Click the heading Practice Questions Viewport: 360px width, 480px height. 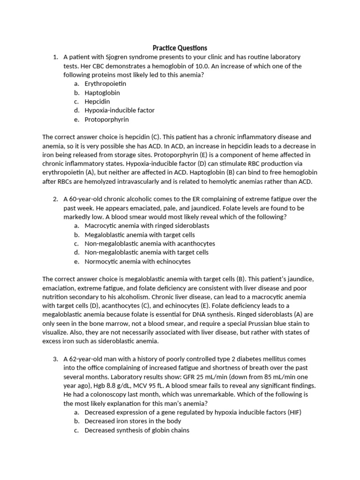pyautogui.click(x=180, y=48)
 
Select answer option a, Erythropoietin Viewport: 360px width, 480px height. pyautogui.click(x=105, y=83)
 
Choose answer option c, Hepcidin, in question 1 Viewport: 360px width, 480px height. pyautogui.click(x=97, y=101)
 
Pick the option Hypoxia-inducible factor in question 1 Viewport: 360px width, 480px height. pyautogui.click(x=120, y=110)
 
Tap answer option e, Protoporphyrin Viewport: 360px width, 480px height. pyautogui.click(x=106, y=120)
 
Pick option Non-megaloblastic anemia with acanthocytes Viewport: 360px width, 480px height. pyautogui.click(x=150, y=244)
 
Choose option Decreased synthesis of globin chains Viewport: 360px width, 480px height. pyautogui.click(x=137, y=430)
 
